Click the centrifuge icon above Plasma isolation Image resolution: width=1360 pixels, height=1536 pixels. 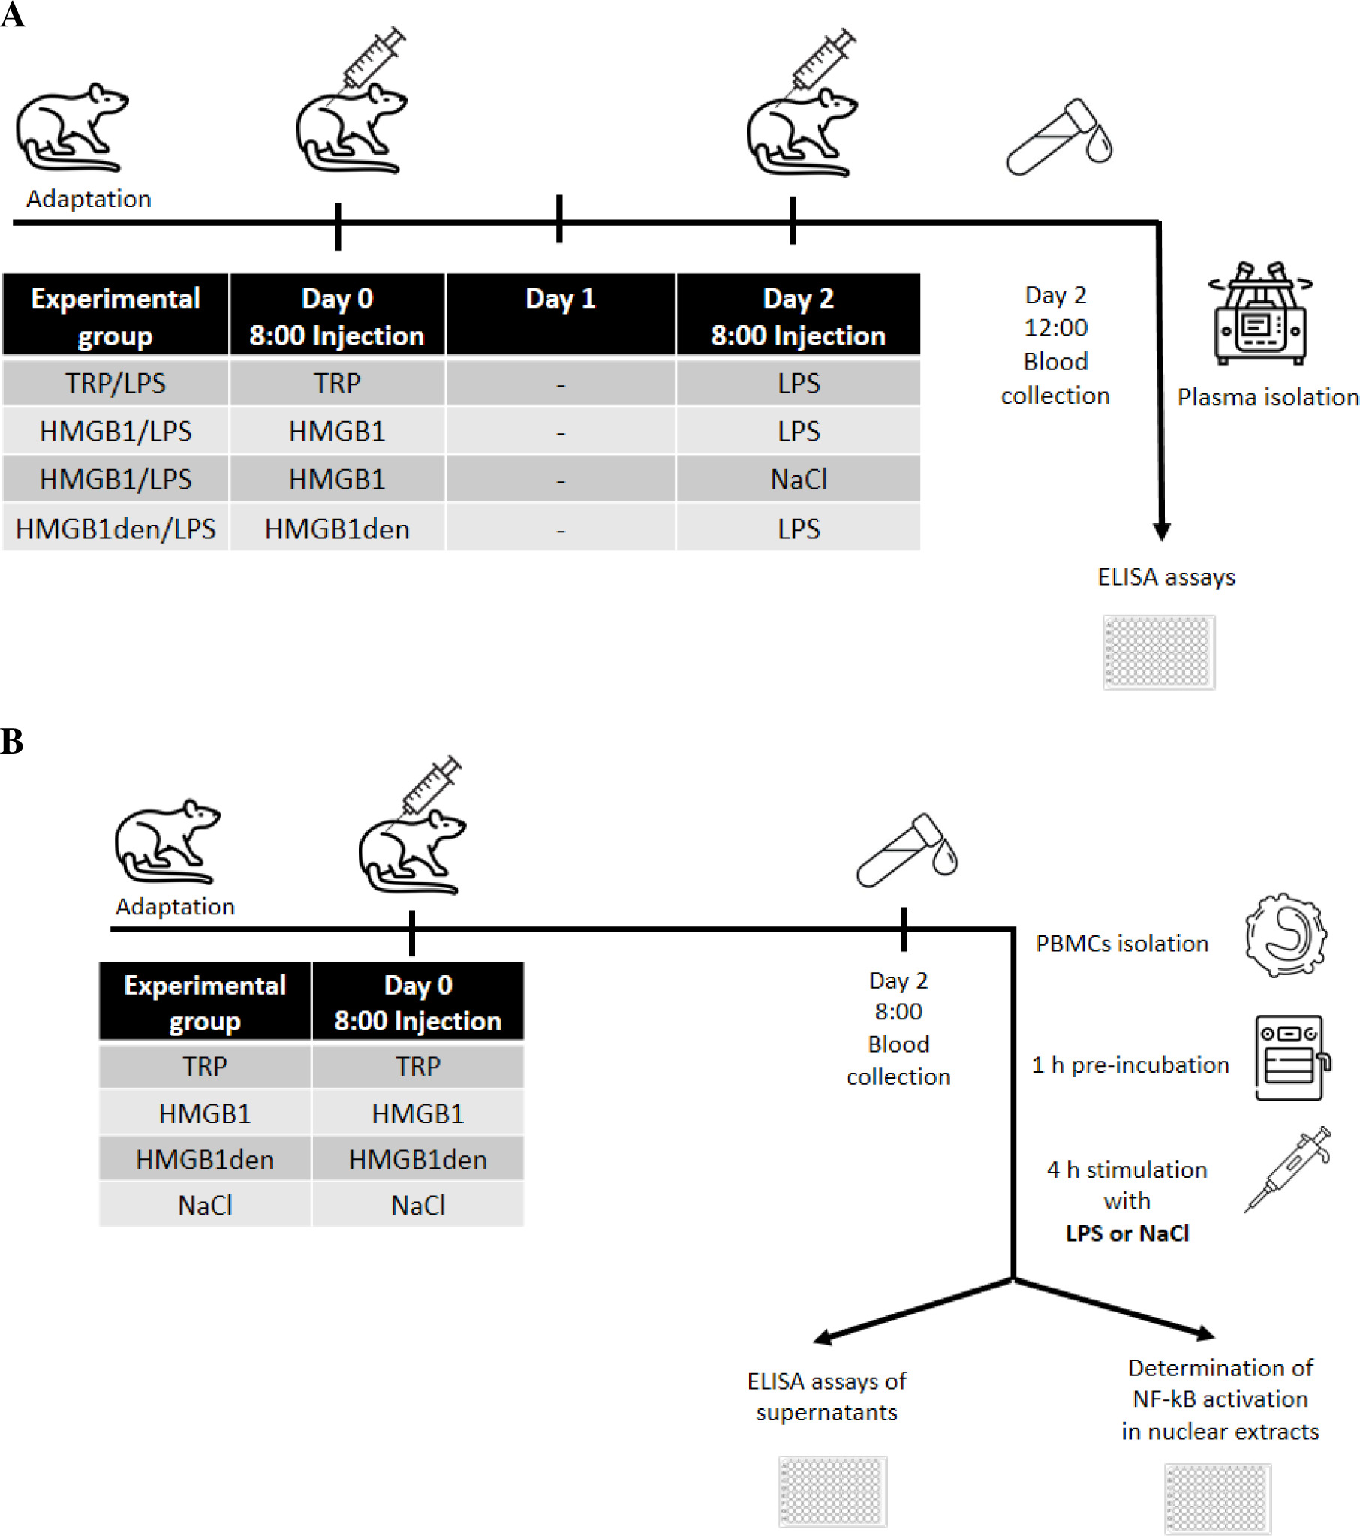(1260, 313)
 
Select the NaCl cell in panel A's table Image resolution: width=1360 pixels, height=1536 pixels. (798, 480)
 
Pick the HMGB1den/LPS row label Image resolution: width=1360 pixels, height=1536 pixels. (116, 529)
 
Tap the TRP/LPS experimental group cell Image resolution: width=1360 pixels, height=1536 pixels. (116, 383)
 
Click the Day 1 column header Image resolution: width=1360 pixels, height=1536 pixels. (561, 299)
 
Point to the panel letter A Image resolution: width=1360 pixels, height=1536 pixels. (12, 15)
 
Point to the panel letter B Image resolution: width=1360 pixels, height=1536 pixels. (12, 742)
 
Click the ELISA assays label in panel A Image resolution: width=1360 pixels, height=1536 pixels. (1166, 577)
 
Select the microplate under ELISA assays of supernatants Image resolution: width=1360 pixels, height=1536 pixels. (832, 1491)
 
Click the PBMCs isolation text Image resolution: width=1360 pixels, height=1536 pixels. (1122, 944)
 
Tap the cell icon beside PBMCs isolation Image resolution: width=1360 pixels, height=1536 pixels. (1286, 935)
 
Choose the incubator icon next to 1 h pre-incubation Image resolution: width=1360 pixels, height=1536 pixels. (1291, 1057)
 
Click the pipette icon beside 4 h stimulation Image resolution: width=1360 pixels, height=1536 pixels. (1287, 1169)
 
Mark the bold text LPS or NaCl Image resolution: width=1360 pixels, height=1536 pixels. (1127, 1233)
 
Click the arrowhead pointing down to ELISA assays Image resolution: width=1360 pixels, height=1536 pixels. (1162, 532)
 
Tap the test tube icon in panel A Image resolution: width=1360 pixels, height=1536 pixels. (1059, 137)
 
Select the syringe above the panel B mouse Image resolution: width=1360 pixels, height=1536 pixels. (431, 786)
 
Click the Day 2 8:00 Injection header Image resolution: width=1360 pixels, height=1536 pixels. (798, 316)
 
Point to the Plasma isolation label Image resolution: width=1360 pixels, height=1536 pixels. (1268, 397)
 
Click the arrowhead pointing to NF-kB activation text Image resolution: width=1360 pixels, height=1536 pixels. (1205, 1333)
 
